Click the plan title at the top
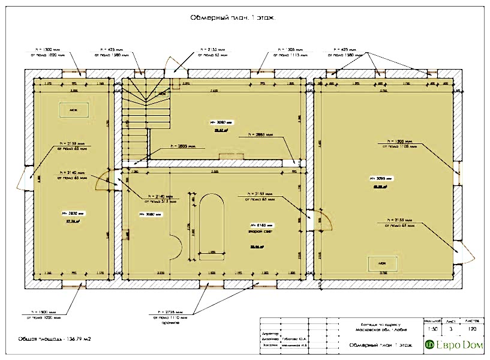pyautogui.click(x=232, y=19)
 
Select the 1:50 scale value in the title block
pyautogui.click(x=430, y=329)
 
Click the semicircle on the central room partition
pyautogui.click(x=176, y=247)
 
